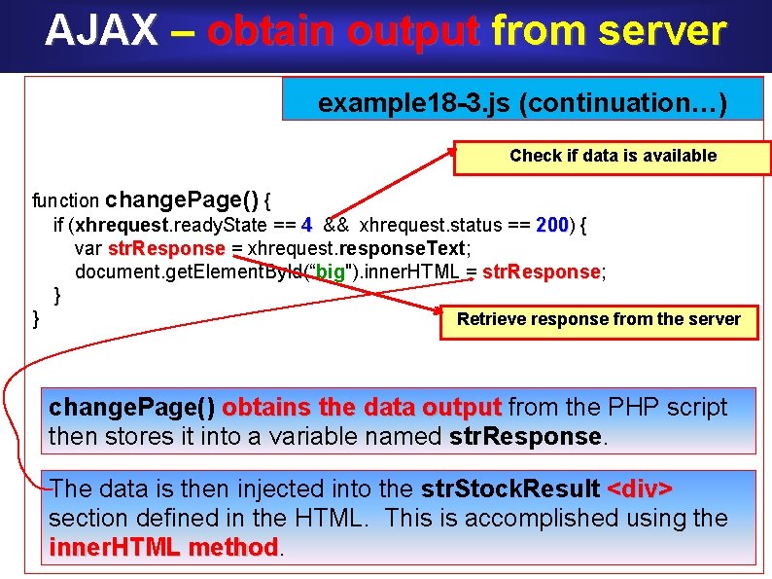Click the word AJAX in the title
[x=100, y=31]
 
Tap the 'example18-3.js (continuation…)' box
[x=522, y=101]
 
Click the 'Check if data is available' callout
[x=613, y=156]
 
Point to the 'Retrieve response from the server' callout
[x=598, y=319]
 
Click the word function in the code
[x=65, y=201]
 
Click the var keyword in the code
[x=88, y=249]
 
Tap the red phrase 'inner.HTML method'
[x=163, y=548]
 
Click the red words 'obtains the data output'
[x=362, y=407]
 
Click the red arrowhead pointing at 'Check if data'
[x=466, y=153]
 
